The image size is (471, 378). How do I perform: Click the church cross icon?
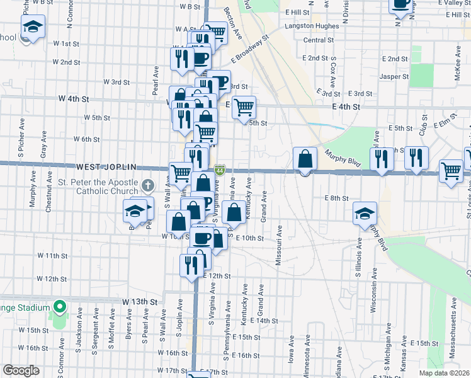(x=147, y=185)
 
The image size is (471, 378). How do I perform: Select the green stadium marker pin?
(x=60, y=308)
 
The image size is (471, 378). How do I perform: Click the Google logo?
(x=20, y=370)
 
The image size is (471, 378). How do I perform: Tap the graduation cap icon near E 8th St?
(x=364, y=212)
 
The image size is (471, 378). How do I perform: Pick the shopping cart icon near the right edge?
(x=451, y=170)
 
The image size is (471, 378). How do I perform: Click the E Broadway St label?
(x=249, y=48)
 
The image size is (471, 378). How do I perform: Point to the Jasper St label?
(x=395, y=77)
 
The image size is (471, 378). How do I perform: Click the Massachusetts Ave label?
(x=452, y=315)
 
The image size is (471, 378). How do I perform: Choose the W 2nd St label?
(x=66, y=62)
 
